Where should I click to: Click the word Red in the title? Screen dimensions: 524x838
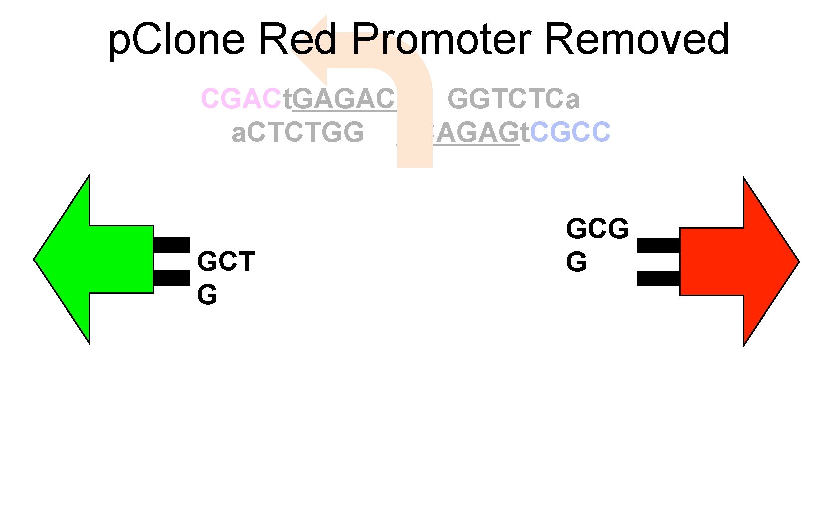(298, 39)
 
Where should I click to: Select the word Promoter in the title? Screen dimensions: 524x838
(441, 39)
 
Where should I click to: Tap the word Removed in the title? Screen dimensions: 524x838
(637, 39)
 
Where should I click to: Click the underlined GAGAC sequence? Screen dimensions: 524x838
(344, 98)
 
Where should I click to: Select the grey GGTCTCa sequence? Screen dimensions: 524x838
(513, 98)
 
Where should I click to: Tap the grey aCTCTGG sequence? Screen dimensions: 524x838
(298, 132)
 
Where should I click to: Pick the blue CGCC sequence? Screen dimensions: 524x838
(570, 132)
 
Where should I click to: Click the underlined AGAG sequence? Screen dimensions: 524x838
(476, 132)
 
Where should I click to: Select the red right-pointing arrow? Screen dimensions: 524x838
(738, 261)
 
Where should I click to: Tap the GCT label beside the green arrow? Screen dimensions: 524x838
(226, 262)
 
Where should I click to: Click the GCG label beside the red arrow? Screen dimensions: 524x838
(597, 229)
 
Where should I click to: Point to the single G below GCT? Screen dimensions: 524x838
(207, 295)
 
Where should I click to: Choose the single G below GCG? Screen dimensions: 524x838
(576, 262)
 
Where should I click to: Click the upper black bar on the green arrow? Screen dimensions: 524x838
(171, 245)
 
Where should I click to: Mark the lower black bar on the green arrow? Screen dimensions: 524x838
(171, 278)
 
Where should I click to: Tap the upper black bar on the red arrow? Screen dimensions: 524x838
(658, 245)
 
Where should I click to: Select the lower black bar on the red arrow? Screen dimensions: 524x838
(658, 278)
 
